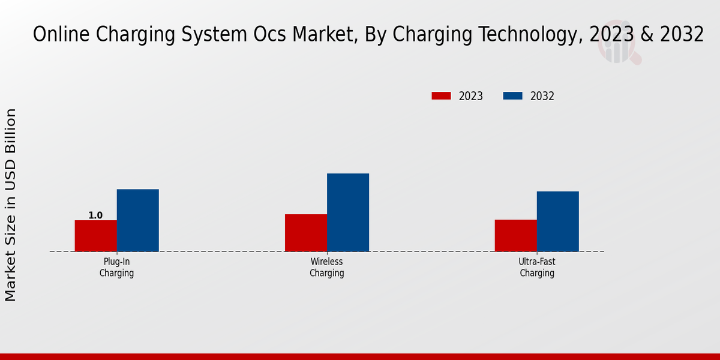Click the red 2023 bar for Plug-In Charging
click(x=95, y=236)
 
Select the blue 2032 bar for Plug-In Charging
click(x=137, y=220)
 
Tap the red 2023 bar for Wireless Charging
click(x=305, y=233)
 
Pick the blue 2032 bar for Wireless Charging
click(x=347, y=212)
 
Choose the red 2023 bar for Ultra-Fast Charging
click(x=515, y=235)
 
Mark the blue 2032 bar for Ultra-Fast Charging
click(x=557, y=221)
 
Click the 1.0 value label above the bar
click(x=95, y=215)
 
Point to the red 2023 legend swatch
click(x=441, y=96)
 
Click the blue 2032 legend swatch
click(x=512, y=96)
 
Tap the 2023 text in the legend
click(x=471, y=96)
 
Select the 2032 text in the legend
click(x=542, y=96)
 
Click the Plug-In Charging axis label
click(x=116, y=268)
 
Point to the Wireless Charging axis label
click(x=326, y=268)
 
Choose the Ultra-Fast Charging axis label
click(x=536, y=268)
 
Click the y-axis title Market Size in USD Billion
click(x=11, y=205)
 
